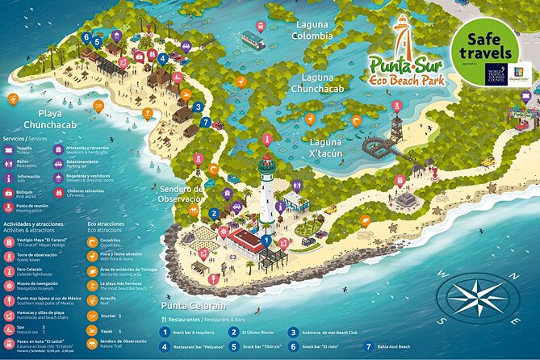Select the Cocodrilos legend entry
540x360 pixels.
click(111, 241)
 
